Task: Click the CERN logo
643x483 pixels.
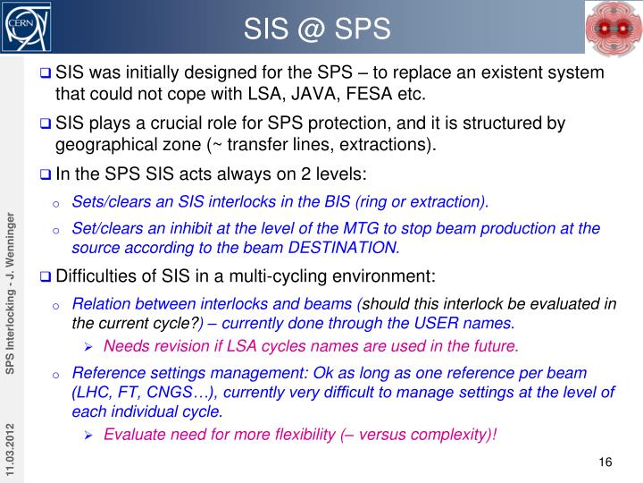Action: coord(26,27)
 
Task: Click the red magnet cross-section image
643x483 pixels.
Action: coord(614,29)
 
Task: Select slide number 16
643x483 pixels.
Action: coord(605,462)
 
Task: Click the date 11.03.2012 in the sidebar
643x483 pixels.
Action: coord(10,449)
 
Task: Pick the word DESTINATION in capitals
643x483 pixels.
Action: coord(343,248)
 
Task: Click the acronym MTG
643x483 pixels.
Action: coord(361,228)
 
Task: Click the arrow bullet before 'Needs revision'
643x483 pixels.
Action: coord(88,347)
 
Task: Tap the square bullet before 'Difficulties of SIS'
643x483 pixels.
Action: coord(46,276)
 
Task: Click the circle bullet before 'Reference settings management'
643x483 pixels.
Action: coord(56,375)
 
